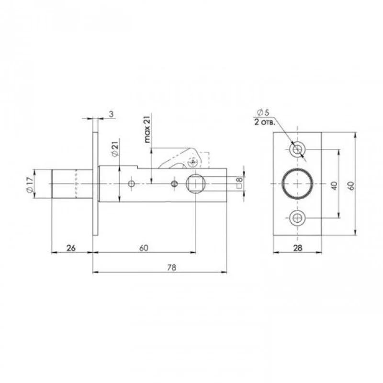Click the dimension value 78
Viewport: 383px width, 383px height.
tap(171, 268)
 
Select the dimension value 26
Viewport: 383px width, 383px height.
tap(71, 248)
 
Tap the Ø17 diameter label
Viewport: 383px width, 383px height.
tap(30, 185)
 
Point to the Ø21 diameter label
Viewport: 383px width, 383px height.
tap(115, 148)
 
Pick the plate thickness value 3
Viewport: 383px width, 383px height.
tap(111, 114)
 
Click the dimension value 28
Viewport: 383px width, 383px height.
tap(297, 248)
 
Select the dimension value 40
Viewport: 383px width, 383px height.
tap(335, 186)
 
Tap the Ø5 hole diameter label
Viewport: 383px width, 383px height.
tap(263, 113)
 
